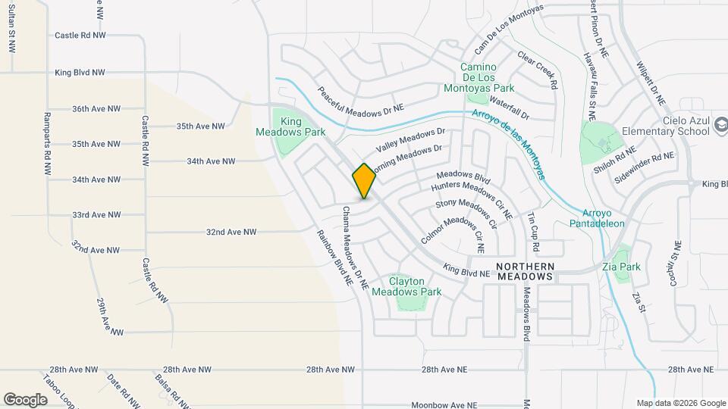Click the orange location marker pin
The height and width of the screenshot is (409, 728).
coord(364,181)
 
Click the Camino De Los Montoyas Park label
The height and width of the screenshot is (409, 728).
coord(487,77)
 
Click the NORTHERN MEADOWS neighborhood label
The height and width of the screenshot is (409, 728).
coord(526,272)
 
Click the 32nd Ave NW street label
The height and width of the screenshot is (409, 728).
coord(231,232)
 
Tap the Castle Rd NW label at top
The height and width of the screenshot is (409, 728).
coord(79,36)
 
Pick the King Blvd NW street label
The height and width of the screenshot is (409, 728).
coord(80,73)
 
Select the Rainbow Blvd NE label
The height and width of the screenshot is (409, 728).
coord(334,257)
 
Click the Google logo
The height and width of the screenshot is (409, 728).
coord(25,399)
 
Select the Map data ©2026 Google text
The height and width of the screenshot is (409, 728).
coord(680,403)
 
